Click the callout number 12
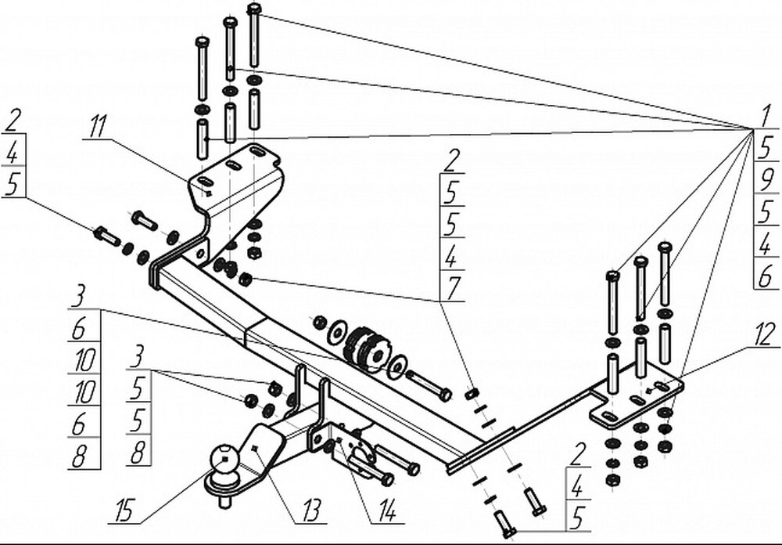click(x=767, y=334)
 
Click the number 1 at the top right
click(x=759, y=116)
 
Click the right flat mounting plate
click(x=637, y=399)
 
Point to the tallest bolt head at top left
click(x=254, y=9)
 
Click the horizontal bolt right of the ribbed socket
click(x=429, y=386)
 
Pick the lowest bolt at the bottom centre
click(x=504, y=526)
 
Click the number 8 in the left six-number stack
click(x=79, y=456)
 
